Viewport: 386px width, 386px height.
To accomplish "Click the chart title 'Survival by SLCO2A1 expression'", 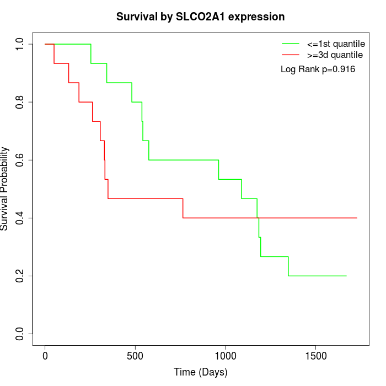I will point(200,17).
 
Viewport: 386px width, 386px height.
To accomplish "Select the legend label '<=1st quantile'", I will point(335,43).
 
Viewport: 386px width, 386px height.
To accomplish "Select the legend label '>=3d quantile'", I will point(335,55).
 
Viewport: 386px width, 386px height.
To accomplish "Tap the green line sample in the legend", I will point(291,43).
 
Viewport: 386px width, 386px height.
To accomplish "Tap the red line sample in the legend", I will point(291,55).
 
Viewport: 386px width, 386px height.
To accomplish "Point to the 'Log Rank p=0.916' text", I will point(318,69).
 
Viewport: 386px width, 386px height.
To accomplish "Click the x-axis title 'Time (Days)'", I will point(200,373).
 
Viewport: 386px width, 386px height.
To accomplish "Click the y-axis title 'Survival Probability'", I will point(5,189).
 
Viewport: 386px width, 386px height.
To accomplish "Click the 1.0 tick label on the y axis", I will point(20,44).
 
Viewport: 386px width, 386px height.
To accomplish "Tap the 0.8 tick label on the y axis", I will point(20,102).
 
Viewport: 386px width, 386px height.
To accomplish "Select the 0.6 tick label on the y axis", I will point(20,160).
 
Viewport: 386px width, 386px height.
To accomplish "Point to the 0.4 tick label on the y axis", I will point(20,218).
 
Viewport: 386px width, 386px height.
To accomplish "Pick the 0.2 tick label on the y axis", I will point(20,276).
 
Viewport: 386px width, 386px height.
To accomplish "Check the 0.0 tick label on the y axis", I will point(20,334).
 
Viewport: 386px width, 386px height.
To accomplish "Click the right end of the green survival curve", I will point(346,276).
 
